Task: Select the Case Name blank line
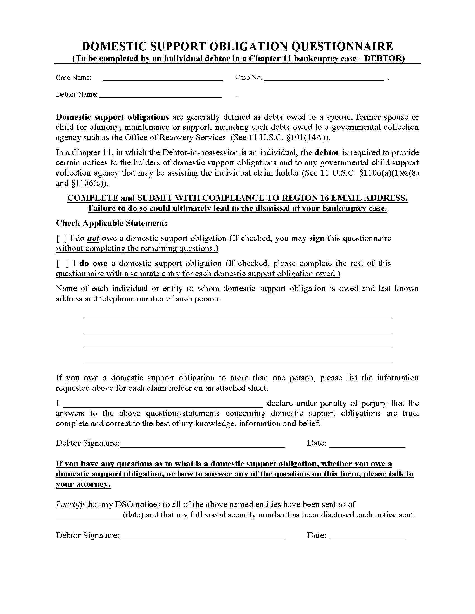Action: click(162, 78)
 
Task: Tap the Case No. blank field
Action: click(324, 78)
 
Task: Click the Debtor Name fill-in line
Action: click(160, 95)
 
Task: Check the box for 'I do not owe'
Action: click(62, 239)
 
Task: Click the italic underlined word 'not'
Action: click(93, 239)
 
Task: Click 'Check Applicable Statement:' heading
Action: click(111, 223)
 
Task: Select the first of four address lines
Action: click(237, 315)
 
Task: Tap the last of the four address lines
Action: click(237, 360)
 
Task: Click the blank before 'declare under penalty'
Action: click(163, 404)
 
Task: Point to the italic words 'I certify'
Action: click(70, 505)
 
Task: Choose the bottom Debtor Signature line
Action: click(202, 536)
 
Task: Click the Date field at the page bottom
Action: click(367, 536)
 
